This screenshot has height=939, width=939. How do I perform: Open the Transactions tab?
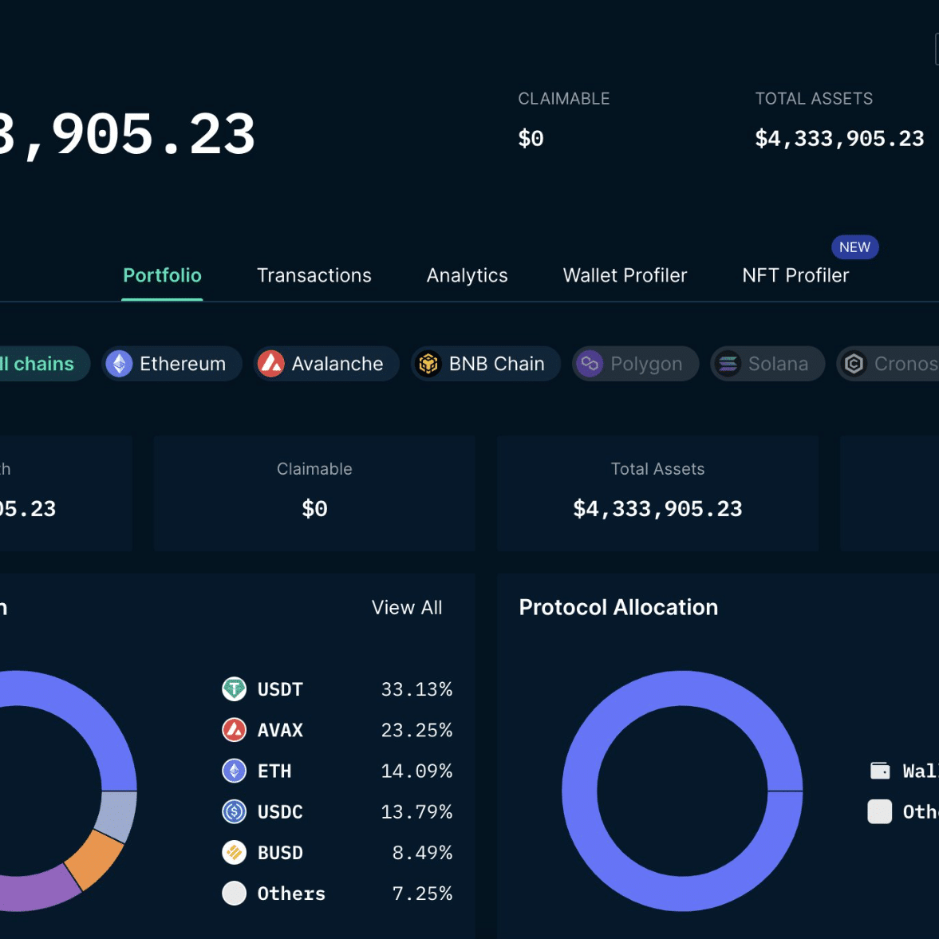(x=314, y=275)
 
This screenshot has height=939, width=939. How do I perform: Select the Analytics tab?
(x=467, y=275)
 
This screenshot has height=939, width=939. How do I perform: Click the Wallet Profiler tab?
(x=625, y=275)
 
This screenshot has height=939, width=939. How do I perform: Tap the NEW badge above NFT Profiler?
(x=854, y=247)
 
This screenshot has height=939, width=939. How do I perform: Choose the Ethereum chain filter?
(x=172, y=364)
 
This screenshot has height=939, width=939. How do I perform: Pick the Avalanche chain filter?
(x=326, y=364)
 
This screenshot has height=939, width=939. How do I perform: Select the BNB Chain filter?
(x=486, y=364)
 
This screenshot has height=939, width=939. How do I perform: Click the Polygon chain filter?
(x=635, y=364)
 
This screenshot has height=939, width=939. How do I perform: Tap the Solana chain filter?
(x=767, y=364)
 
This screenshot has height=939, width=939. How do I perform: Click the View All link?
(x=407, y=607)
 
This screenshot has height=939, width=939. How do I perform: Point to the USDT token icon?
(x=234, y=688)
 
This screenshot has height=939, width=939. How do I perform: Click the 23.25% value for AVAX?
(x=416, y=730)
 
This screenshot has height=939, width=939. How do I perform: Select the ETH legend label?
(x=274, y=771)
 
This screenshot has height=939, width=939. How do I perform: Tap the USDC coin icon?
(x=234, y=811)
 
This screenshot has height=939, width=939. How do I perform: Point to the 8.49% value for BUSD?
(x=422, y=852)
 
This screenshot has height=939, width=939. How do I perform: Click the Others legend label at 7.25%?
(x=291, y=894)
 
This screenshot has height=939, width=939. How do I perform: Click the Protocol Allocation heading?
(x=618, y=607)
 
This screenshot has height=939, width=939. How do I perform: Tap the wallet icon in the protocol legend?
(x=880, y=770)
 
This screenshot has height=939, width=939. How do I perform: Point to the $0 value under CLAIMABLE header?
(x=531, y=138)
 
